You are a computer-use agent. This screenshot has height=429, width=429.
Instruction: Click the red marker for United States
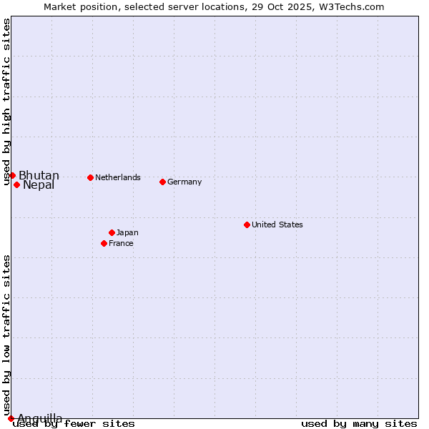247,225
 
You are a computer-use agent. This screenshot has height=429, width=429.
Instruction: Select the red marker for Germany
162,182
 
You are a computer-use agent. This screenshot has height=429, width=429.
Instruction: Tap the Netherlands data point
90,177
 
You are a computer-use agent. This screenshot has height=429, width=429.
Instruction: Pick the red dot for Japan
112,232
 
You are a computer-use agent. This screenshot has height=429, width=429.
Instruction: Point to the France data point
104,243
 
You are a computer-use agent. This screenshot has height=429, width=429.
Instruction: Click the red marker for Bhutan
12,175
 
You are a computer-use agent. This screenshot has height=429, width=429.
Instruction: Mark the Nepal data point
16,184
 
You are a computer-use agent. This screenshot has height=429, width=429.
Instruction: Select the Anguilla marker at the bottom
11,418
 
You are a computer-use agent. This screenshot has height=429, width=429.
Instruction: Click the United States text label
277,225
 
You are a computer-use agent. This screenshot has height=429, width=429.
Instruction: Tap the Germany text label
184,182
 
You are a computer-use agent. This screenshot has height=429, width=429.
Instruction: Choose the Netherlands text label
118,177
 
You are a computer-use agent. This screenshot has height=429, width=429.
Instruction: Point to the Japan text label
127,232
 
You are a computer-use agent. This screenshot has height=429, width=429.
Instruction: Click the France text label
121,243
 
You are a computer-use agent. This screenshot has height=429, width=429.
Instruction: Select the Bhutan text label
39,176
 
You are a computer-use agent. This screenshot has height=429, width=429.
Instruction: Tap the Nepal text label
39,185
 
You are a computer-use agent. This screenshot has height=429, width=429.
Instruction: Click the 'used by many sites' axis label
359,423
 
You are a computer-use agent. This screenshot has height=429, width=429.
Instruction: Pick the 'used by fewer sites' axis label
74,423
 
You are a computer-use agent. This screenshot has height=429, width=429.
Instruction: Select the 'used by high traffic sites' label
7,102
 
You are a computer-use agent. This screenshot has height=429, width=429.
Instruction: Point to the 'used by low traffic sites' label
7,335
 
